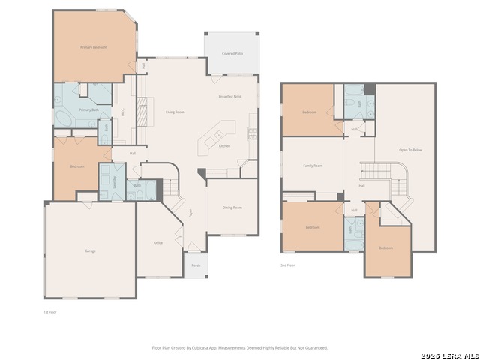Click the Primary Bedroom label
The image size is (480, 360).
(94, 47)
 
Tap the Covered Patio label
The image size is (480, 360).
(232, 54)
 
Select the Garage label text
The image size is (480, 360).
(90, 250)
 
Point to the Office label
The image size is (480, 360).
(158, 243)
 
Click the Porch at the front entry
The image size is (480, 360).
(196, 265)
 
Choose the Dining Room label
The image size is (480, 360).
(232, 208)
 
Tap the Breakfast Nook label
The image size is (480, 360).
(230, 97)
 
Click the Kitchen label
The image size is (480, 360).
(224, 146)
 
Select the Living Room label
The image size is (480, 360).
(175, 112)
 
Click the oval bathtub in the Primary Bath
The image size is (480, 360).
(63, 120)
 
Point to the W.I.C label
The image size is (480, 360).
(123, 113)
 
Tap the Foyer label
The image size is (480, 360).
(190, 213)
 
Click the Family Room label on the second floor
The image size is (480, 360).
(313, 165)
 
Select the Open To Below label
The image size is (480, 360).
(410, 151)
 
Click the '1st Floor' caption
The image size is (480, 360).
(50, 311)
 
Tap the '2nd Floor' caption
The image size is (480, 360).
(287, 265)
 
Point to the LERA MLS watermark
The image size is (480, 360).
(449, 355)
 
